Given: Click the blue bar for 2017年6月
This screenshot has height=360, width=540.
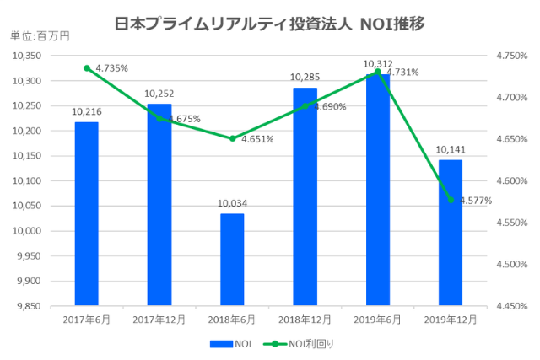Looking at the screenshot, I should pyautogui.click(x=86, y=214).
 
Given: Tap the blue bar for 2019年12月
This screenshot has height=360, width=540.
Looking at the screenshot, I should pyautogui.click(x=451, y=233).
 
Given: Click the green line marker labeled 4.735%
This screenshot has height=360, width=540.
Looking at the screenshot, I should pyautogui.click(x=87, y=68).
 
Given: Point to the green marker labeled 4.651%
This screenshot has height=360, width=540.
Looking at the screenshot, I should pyautogui.click(x=232, y=138).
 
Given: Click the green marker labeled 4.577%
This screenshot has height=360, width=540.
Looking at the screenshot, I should pyautogui.click(x=451, y=200).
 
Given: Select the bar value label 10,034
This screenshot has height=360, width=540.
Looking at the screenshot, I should pyautogui.click(x=232, y=203).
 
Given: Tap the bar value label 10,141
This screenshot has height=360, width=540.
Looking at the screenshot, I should pyautogui.click(x=451, y=149).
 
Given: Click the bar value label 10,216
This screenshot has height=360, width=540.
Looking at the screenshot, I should pyautogui.click(x=86, y=111).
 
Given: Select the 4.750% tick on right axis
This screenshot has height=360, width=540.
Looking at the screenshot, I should pyautogui.click(x=511, y=56).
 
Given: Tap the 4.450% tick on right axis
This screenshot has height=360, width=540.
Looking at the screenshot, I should pyautogui.click(x=511, y=306).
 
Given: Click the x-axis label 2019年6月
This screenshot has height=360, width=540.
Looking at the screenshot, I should pyautogui.click(x=377, y=320).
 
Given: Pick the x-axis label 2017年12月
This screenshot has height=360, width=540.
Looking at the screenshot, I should pyautogui.click(x=159, y=320).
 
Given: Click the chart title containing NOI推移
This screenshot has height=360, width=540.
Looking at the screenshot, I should pyautogui.click(x=269, y=20).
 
